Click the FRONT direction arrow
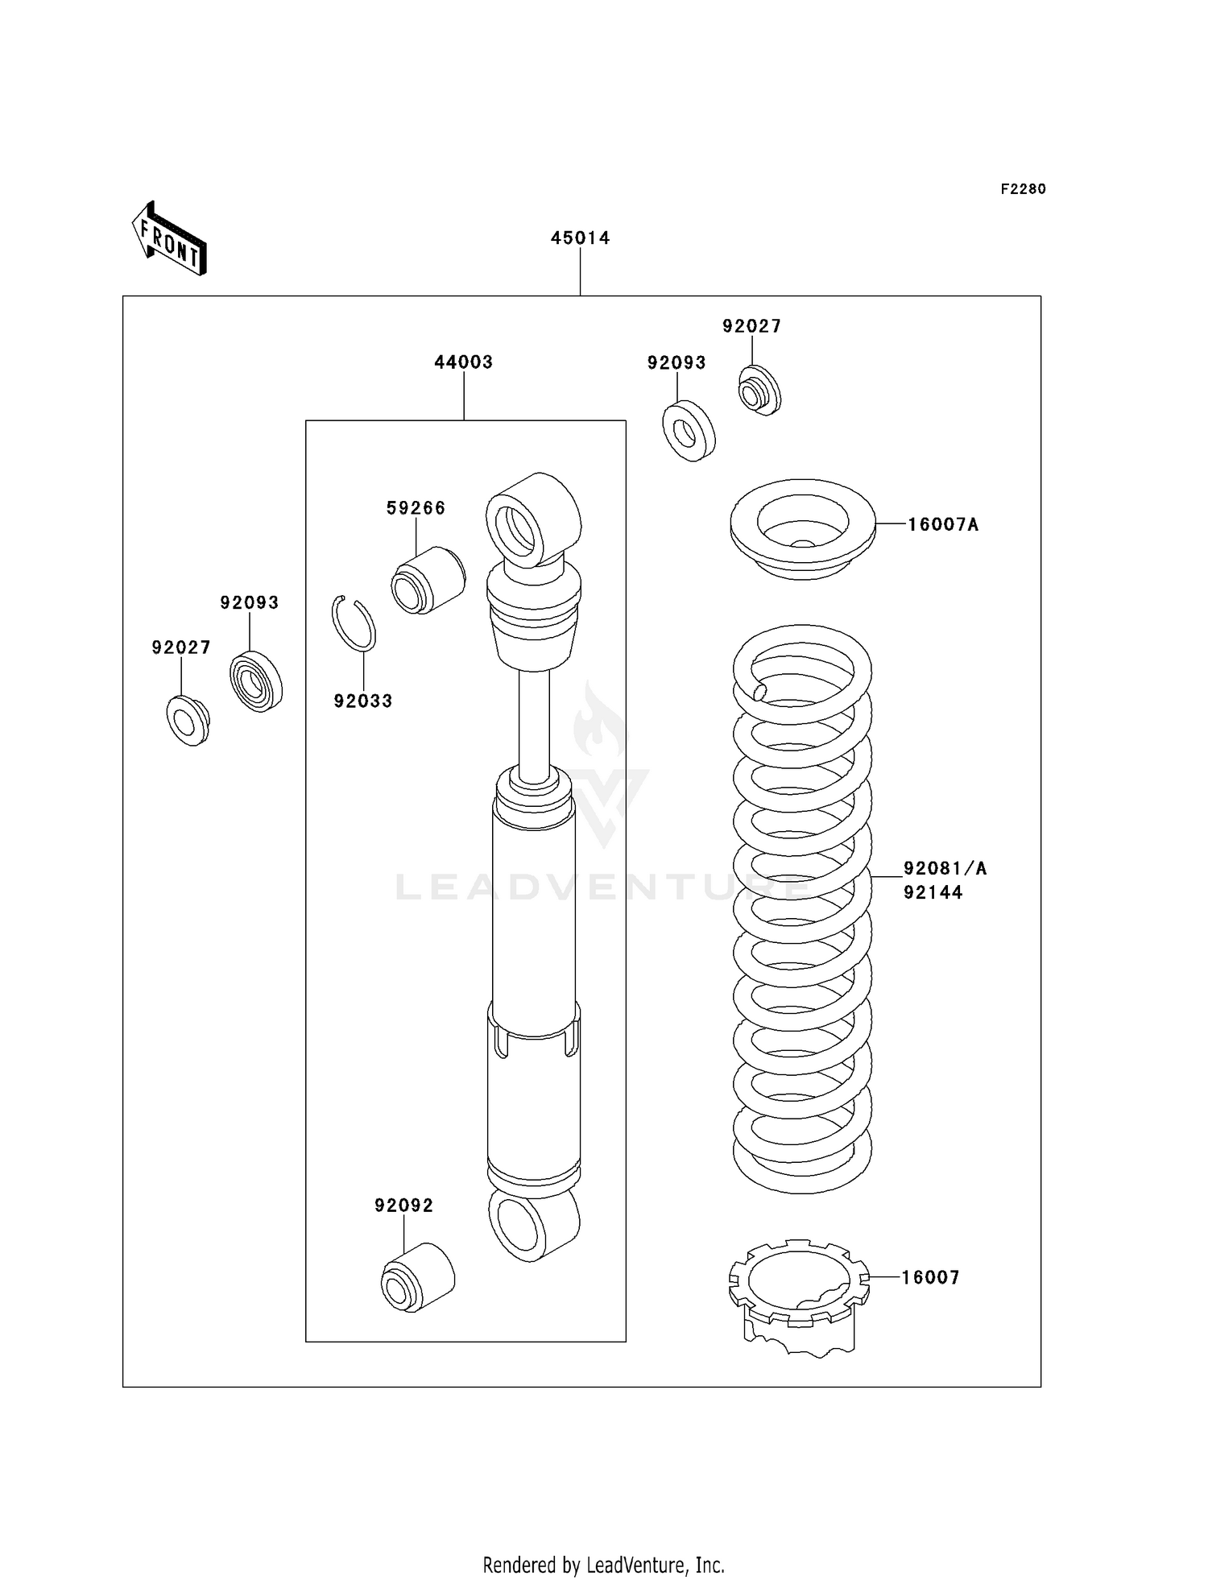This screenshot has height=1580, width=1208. (170, 240)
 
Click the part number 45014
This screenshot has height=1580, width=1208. (580, 238)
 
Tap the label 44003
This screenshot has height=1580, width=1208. (463, 362)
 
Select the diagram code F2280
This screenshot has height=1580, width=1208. (1023, 189)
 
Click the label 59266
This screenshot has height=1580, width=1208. (416, 508)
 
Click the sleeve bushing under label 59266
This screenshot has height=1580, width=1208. (428, 580)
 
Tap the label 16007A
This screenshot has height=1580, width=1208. (943, 525)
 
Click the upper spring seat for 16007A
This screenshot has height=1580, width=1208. (802, 529)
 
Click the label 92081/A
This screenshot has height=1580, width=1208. (945, 868)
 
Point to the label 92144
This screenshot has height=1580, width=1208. (933, 892)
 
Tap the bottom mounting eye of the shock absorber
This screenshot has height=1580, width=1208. (532, 1224)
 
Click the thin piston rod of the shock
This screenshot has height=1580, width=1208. (534, 721)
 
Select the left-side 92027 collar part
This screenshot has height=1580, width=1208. (188, 721)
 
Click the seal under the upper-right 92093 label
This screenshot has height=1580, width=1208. (689, 431)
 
